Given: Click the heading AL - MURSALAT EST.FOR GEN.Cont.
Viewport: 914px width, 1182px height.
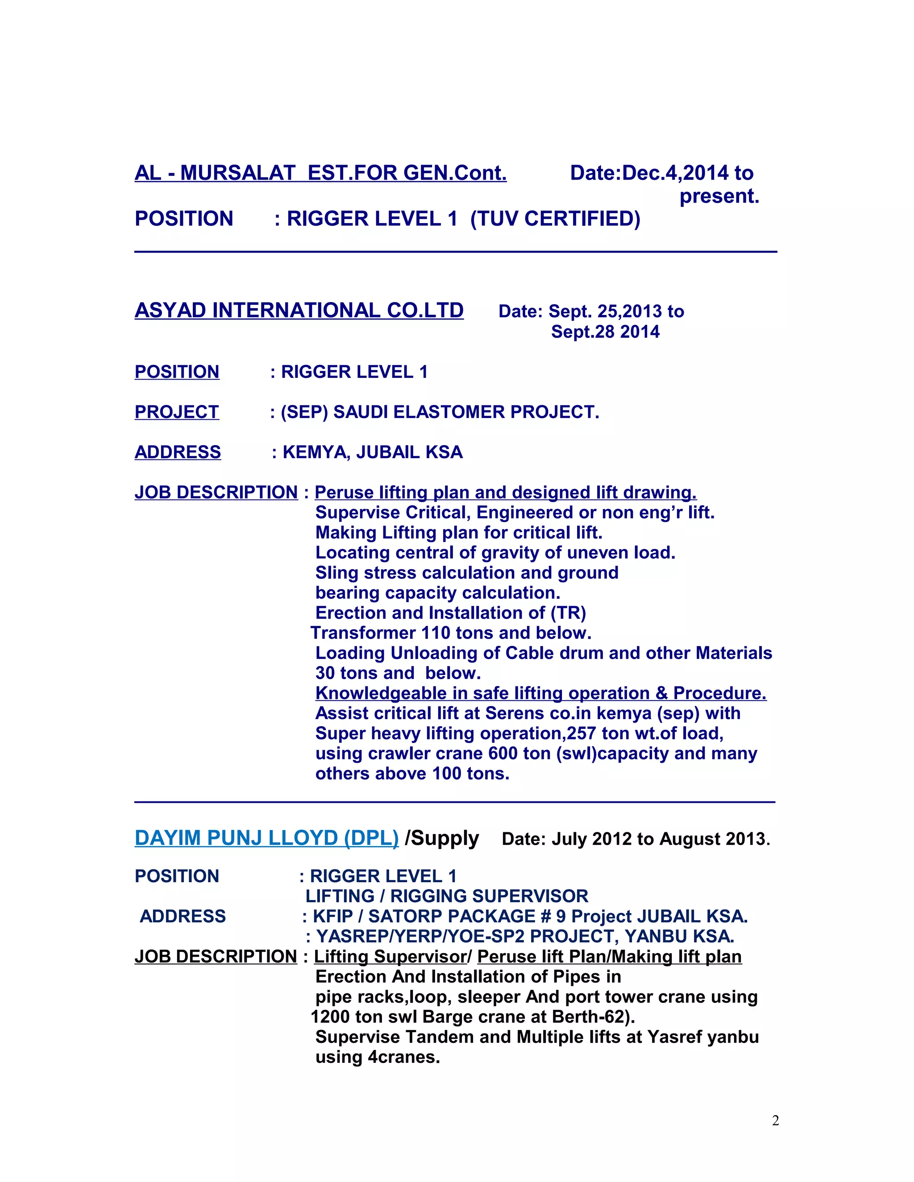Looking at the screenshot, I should click(x=320, y=173).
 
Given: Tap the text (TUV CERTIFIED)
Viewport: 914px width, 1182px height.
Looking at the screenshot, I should click(x=555, y=219).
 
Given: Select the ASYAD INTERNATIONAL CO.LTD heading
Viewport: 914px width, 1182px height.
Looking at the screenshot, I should click(x=299, y=310).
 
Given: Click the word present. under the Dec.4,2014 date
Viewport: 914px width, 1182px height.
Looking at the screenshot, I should click(x=719, y=196).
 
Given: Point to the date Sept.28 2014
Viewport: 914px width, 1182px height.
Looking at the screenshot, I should click(x=605, y=332).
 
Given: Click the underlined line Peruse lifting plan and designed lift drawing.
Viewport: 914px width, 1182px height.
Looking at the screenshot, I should click(x=505, y=492).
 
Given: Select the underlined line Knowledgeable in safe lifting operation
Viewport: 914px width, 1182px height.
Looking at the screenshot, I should click(x=540, y=693).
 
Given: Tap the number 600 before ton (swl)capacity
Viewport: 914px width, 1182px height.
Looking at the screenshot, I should click(x=503, y=753).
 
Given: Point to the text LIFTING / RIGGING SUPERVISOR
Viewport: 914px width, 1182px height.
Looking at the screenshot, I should click(x=447, y=896).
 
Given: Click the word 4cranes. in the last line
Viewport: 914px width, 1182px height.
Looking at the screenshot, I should click(x=403, y=1057).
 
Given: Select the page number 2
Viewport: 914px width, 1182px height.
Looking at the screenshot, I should click(x=775, y=1121).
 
